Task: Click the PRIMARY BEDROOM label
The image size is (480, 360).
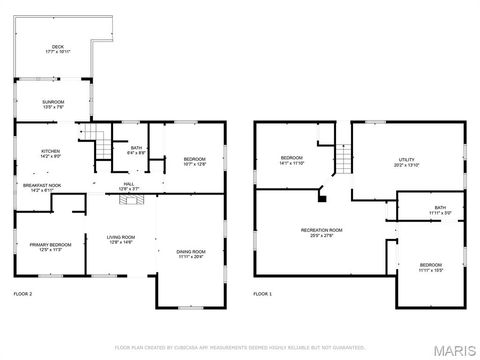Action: [49, 246]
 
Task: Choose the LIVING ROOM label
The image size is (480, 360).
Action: [121, 239]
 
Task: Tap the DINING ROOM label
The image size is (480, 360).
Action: [191, 253]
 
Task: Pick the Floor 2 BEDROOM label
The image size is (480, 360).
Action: [194, 161]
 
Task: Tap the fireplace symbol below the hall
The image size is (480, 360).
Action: [130, 200]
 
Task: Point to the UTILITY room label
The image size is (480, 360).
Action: [406, 161]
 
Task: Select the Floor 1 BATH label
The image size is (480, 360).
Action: [413, 210]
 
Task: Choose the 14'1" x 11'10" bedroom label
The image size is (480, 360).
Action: [291, 160]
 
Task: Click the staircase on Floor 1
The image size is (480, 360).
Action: [341, 160]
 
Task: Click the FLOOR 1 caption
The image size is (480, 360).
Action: [263, 294]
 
